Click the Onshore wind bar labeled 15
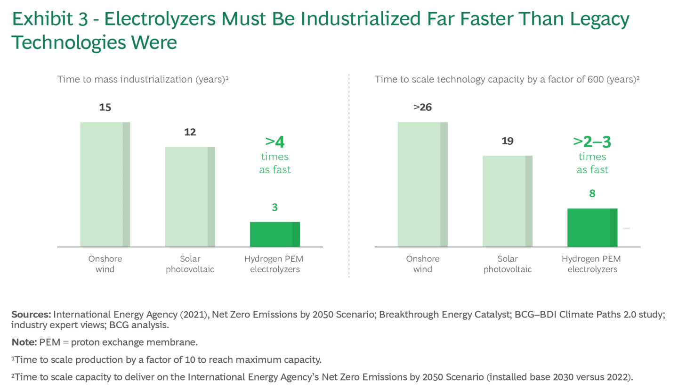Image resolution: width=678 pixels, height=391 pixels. coord(105,184)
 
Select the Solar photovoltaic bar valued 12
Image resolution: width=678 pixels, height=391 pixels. coord(190,197)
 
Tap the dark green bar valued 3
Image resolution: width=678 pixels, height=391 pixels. coord(274,234)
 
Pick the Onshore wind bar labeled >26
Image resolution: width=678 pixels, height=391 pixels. coord(422,184)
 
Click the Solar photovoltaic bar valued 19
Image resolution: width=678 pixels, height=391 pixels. coord(507,201)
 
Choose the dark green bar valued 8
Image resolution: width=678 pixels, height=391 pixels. coord(592,227)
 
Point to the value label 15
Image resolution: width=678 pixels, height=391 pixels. coord(105,108)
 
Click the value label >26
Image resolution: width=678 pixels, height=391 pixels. coord(422,108)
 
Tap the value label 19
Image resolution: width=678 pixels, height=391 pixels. coord(507,141)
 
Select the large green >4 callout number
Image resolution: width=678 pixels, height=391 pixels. coord(275,141)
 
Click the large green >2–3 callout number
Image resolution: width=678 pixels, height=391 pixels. coord(592,141)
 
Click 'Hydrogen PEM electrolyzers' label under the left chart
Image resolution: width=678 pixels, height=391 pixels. coord(274,264)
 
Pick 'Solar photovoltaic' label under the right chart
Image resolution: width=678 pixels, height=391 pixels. coord(507,264)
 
